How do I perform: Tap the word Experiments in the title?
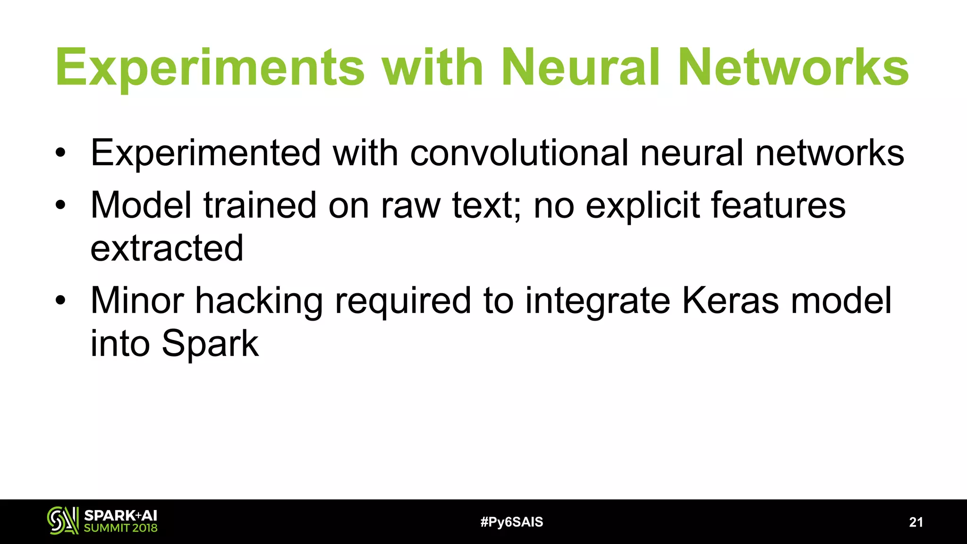210,68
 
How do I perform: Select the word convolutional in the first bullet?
519,153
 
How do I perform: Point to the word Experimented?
205,153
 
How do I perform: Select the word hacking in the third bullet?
259,301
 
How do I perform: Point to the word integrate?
597,301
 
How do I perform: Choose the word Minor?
137,301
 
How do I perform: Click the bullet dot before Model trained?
60,205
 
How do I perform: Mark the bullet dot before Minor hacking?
60,301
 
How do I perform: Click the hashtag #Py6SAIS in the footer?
511,522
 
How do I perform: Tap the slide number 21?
916,522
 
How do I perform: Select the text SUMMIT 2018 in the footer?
120,528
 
